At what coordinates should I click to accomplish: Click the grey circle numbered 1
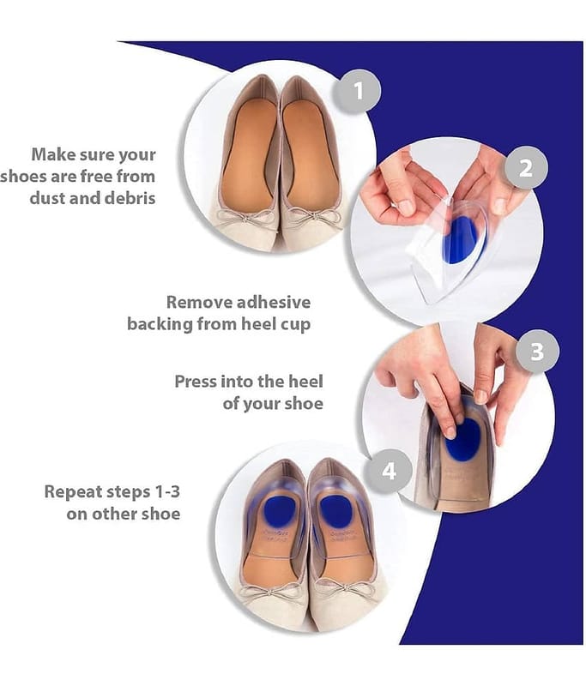pyautogui.click(x=359, y=92)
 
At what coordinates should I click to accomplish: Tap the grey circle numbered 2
pyautogui.click(x=526, y=167)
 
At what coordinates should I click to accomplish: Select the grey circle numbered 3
pyautogui.click(x=537, y=352)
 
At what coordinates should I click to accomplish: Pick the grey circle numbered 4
pyautogui.click(x=389, y=471)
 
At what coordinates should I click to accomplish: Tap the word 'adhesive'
pyautogui.click(x=274, y=302)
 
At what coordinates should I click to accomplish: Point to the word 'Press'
pyautogui.click(x=196, y=381)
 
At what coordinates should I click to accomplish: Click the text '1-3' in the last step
pyautogui.click(x=167, y=491)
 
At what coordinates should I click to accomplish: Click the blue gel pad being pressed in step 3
pyautogui.click(x=464, y=440)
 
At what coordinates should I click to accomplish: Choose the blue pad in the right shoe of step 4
pyautogui.click(x=336, y=512)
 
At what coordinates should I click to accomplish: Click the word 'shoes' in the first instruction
pyautogui.click(x=23, y=177)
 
